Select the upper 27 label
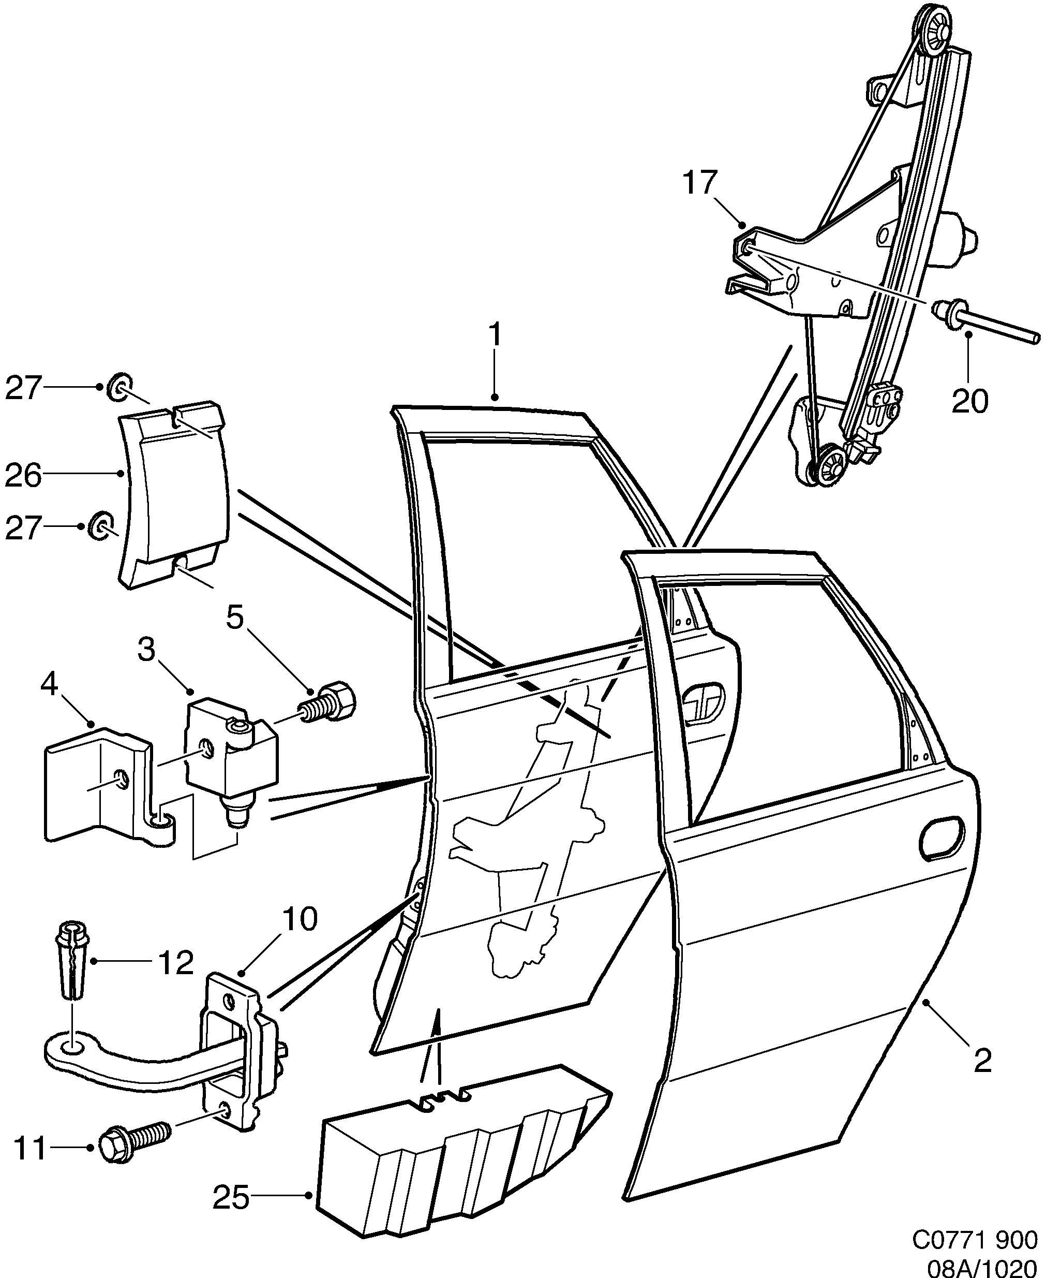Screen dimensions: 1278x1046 pyautogui.click(x=23, y=388)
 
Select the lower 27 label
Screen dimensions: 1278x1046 pyautogui.click(x=23, y=528)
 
